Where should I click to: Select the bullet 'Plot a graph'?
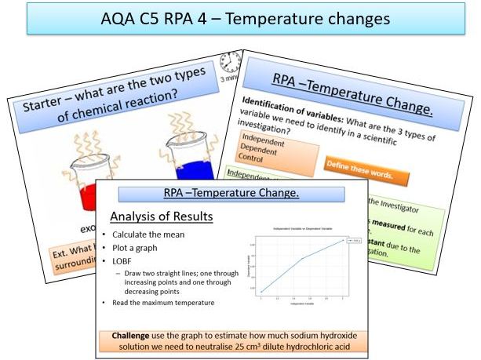click(138, 248)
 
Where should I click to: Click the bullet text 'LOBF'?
click(125, 261)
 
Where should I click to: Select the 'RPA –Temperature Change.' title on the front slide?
click(231, 194)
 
